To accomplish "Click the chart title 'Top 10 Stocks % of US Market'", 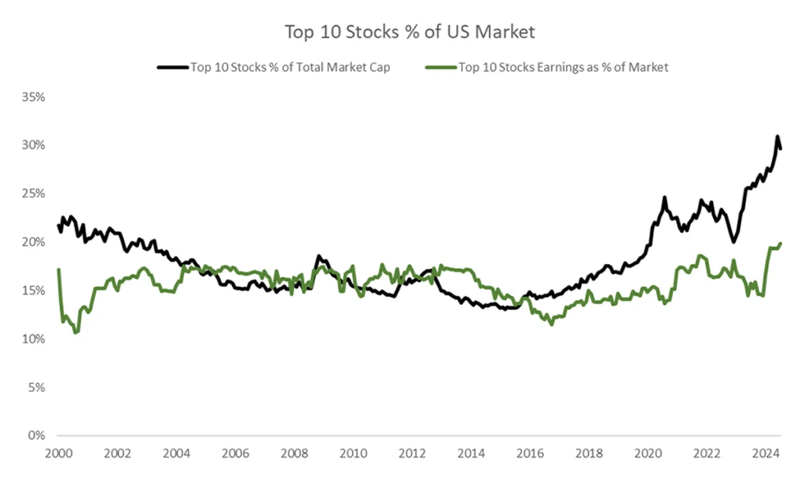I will (x=410, y=32).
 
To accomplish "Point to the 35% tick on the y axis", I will (x=34, y=97).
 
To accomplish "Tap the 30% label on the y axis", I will (x=34, y=145).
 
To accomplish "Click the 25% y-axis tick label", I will (x=34, y=194).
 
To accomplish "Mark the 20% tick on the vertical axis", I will (x=34, y=242).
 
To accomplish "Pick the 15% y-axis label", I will (x=34, y=291).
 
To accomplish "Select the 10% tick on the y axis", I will (x=34, y=338).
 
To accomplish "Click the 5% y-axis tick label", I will (x=37, y=387).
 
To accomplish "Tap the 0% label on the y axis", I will (x=37, y=435).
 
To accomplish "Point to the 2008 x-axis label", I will (x=294, y=453).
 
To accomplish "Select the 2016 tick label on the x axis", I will (x=531, y=453).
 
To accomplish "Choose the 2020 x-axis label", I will (x=649, y=453).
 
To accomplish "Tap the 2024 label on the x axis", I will (x=766, y=453).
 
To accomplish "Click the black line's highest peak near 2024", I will (x=777, y=137).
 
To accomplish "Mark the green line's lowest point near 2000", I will (x=75, y=333).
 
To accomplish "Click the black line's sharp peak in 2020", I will (x=664, y=198).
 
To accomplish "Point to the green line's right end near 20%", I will (x=781, y=243).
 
